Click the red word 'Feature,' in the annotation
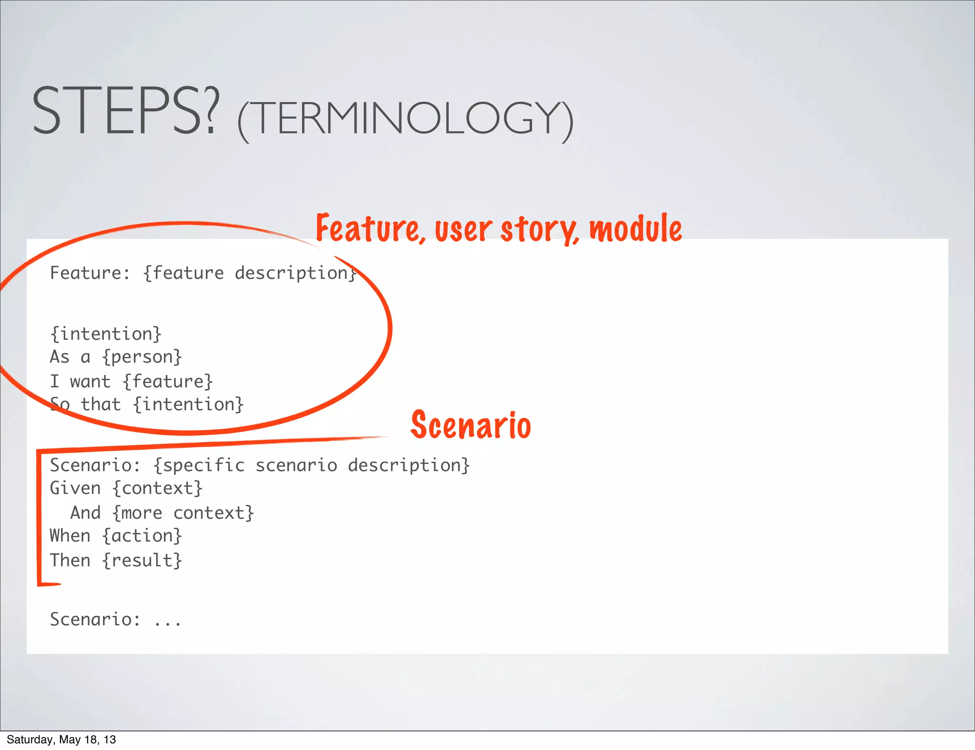pos(370,229)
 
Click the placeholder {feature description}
pos(250,273)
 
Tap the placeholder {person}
pos(142,357)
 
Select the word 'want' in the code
pos(90,382)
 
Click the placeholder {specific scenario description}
pos(311,465)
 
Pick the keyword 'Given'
pos(75,488)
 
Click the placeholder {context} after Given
pos(158,488)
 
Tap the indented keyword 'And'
pos(86,513)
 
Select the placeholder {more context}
pos(183,513)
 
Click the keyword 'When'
pos(70,536)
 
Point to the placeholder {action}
pos(142,536)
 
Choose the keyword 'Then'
pos(70,561)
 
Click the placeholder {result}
pos(142,561)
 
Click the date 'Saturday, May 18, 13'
pos(61,740)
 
